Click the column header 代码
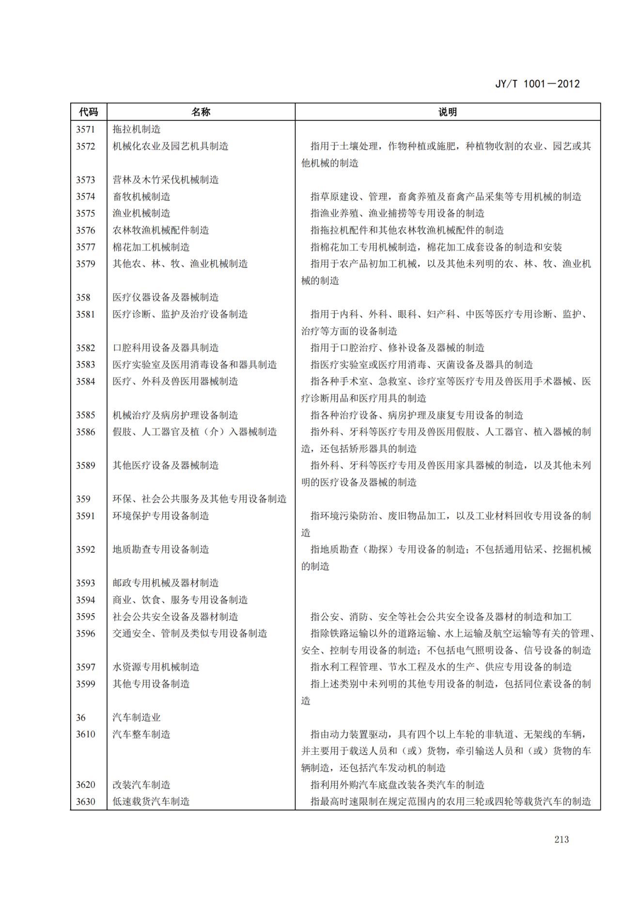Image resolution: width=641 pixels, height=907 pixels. pos(88,112)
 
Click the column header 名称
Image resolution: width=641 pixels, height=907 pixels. pos(201,112)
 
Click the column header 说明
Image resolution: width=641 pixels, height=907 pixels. pos(447,112)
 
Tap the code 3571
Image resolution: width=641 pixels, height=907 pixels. pos(85,129)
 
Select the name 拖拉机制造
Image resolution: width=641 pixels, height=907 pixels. pos(137,129)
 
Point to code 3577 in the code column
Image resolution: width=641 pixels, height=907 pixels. pos(85,247)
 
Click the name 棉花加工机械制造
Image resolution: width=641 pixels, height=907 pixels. pos(151,247)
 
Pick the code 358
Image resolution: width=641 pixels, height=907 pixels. pos(83,298)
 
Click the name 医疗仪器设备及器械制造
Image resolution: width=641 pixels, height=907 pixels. pos(166,298)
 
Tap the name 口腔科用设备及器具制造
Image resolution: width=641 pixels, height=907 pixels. pos(166,348)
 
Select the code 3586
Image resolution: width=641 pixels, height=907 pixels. pos(85,432)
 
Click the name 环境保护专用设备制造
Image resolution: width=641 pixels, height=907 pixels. pos(161,516)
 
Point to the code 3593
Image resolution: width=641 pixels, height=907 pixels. pos(85,583)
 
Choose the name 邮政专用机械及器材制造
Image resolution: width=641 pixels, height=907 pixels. pos(166,583)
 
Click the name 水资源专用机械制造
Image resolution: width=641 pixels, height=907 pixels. pos(156,667)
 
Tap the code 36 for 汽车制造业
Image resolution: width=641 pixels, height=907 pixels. pos(80,717)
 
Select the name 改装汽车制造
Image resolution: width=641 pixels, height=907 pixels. pos(141,785)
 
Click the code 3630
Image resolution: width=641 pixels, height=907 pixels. pos(85,802)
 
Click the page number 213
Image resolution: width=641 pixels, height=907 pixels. pos(562,840)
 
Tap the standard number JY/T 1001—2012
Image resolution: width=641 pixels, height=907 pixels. pos(537,84)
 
